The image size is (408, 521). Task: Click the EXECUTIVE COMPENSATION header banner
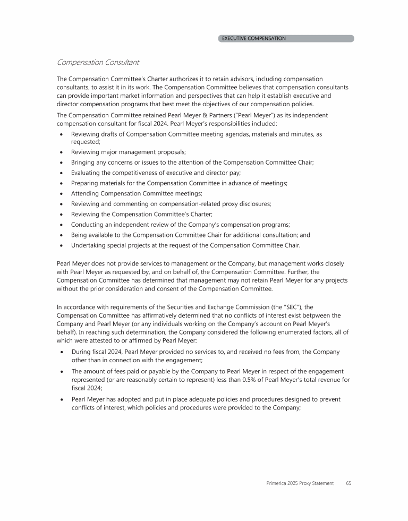(286, 38)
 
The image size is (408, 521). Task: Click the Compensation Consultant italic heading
(98, 62)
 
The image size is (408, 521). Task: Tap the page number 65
(348, 483)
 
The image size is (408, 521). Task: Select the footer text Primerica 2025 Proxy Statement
(300, 483)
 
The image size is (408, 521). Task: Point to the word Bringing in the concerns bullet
(85, 163)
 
